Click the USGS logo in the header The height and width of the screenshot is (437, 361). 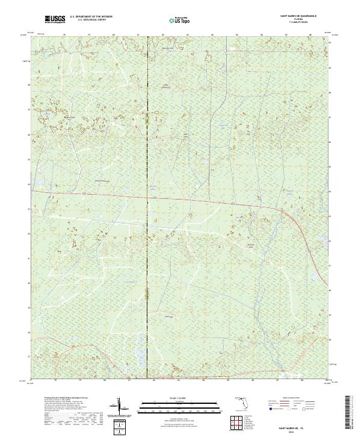tap(55, 20)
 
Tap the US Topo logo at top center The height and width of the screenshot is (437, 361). tap(180, 20)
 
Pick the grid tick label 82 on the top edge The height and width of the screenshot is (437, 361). tap(163, 35)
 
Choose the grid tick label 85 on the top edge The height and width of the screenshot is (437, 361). tap(237, 35)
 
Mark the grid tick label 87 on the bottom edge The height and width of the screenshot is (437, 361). tap(286, 381)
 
